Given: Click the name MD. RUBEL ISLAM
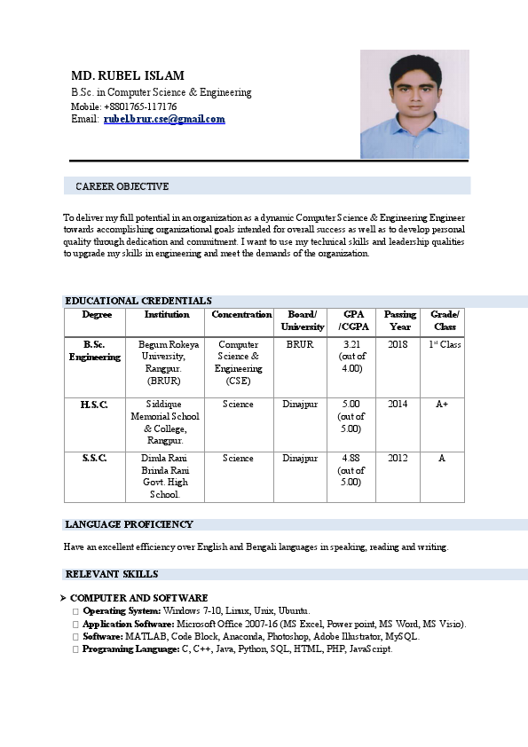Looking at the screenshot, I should pyautogui.click(x=128, y=75).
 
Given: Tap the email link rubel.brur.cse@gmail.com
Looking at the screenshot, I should pyautogui.click(x=164, y=119).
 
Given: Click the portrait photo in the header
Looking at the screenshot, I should pyautogui.click(x=414, y=104).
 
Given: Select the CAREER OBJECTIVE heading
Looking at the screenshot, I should pyautogui.click(x=122, y=186).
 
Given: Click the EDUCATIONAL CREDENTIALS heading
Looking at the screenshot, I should pyautogui.click(x=138, y=302).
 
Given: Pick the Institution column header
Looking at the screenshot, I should pyautogui.click(x=167, y=315).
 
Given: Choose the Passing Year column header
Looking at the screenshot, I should pyautogui.click(x=400, y=320).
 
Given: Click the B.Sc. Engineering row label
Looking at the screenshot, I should pyautogui.click(x=95, y=350).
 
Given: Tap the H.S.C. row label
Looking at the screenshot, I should pyautogui.click(x=94, y=405).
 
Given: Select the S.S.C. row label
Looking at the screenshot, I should pyautogui.click(x=94, y=459).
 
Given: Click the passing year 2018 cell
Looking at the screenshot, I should pyautogui.click(x=398, y=344).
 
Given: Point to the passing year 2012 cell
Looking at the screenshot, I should pyautogui.click(x=398, y=459).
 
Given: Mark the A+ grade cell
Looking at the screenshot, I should pyautogui.click(x=442, y=405).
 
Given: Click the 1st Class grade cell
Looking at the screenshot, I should pyautogui.click(x=445, y=344).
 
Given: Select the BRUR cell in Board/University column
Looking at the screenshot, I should pyautogui.click(x=300, y=344).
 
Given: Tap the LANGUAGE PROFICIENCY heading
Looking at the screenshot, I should pyautogui.click(x=129, y=524).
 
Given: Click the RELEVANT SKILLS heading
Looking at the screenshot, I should pyautogui.click(x=112, y=574).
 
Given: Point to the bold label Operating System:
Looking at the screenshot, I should pyautogui.click(x=122, y=611).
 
